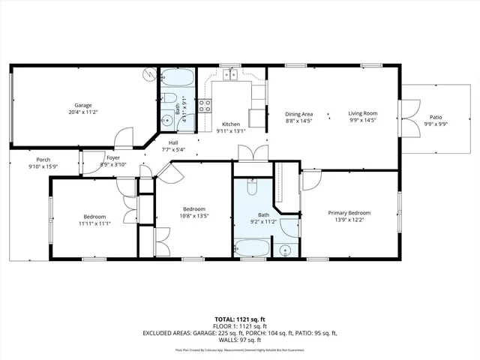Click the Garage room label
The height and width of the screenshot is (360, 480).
(82, 105)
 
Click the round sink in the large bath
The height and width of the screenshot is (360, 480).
(286, 249)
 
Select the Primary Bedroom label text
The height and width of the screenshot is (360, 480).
(349, 213)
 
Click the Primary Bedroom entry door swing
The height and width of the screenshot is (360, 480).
(310, 180)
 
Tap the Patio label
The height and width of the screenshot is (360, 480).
(436, 117)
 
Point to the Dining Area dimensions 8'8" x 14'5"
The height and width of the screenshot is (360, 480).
(299, 121)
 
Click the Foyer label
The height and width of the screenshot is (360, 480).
(112, 158)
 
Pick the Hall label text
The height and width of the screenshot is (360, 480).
(173, 142)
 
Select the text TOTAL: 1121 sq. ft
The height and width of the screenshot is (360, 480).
(240, 319)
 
